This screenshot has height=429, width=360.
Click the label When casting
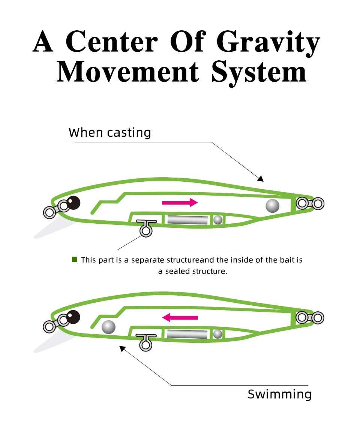click(x=110, y=133)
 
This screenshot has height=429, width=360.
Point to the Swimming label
click(x=280, y=394)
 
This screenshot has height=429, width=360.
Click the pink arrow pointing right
click(x=180, y=203)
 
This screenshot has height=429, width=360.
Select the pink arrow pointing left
click(x=180, y=318)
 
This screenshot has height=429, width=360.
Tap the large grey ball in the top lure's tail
click(x=273, y=205)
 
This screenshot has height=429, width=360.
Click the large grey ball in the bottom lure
click(x=108, y=327)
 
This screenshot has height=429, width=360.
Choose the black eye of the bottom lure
click(x=73, y=317)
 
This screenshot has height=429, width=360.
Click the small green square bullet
click(x=75, y=259)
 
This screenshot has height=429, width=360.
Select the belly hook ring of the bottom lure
click(x=146, y=345)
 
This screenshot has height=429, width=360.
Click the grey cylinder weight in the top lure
click(x=187, y=220)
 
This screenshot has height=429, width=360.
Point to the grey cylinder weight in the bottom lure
click(x=187, y=334)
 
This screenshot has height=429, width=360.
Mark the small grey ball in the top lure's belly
click(x=218, y=220)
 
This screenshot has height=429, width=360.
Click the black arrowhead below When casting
click(x=260, y=179)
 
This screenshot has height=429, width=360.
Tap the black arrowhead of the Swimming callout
click(x=122, y=349)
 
